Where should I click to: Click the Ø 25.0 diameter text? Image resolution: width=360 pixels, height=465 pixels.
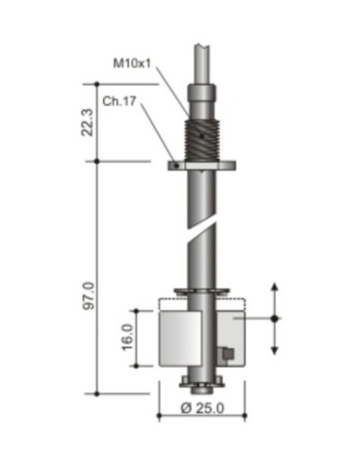click(x=199, y=409)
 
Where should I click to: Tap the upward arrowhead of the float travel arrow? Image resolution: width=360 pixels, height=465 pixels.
click(x=275, y=286)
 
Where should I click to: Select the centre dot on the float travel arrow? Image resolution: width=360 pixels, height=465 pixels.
click(x=275, y=319)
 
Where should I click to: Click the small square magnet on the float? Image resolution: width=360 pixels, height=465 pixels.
click(x=227, y=354)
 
